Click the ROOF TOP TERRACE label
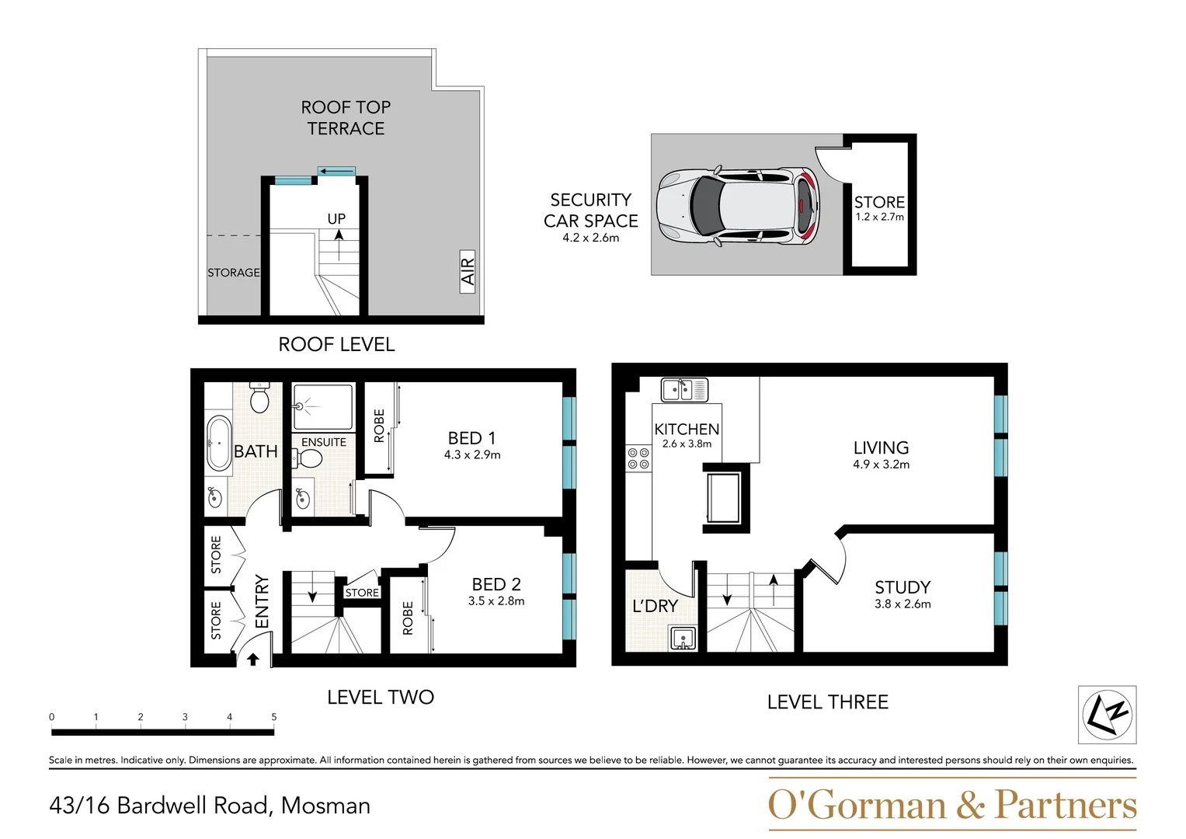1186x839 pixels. (x=346, y=118)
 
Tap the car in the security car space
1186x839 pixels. (x=737, y=206)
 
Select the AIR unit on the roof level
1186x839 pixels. (x=468, y=271)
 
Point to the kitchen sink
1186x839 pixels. (x=684, y=389)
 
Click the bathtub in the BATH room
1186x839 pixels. (x=219, y=444)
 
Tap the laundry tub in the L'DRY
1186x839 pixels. (x=683, y=639)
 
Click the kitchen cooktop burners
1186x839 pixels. (x=638, y=458)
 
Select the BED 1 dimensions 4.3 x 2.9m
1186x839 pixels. (x=472, y=455)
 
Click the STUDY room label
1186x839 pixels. (x=903, y=587)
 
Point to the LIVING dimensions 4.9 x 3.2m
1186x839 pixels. (x=881, y=465)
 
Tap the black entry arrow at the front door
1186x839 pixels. (x=252, y=660)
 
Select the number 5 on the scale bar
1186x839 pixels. (x=273, y=717)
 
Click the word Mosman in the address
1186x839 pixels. (x=325, y=806)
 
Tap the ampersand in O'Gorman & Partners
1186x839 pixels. (x=971, y=806)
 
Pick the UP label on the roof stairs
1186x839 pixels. (x=336, y=219)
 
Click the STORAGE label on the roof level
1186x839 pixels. (x=233, y=273)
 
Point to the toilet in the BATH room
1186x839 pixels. (x=259, y=399)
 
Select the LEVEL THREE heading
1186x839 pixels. (x=827, y=702)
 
